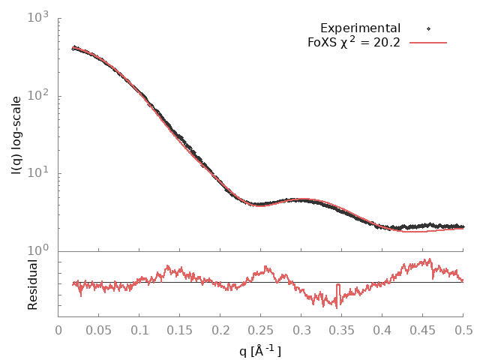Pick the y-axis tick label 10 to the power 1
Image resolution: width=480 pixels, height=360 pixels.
tap(40, 174)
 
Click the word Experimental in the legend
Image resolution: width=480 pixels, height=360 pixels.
tap(360, 28)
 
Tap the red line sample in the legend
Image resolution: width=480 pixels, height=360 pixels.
tap(428, 42)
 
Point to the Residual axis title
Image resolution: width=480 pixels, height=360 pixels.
tap(33, 284)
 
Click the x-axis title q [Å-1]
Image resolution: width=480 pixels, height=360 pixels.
tap(260, 349)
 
